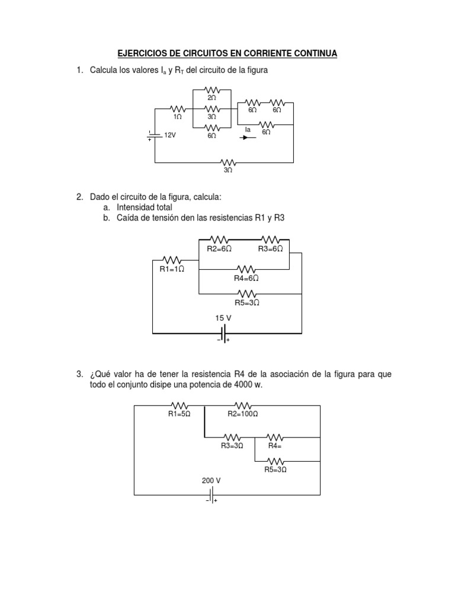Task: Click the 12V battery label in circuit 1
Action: coord(171,135)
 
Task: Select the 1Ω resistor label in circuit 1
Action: coord(177,117)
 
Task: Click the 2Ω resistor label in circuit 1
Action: coord(212,97)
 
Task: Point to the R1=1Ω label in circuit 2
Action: coord(172,269)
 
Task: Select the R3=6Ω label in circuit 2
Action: coord(271,249)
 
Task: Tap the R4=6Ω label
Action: coord(246,277)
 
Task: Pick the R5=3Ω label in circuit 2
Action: coord(246,302)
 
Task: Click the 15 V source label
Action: coord(223,318)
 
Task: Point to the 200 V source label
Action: coord(212,480)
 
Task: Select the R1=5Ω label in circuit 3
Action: coord(179,414)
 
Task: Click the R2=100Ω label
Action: coord(243,414)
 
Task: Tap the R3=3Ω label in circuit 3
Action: coord(232,445)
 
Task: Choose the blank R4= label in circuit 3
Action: coord(274,445)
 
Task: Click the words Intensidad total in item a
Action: coord(145,207)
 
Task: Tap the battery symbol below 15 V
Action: coord(223,334)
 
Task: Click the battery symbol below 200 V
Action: coord(212,494)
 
